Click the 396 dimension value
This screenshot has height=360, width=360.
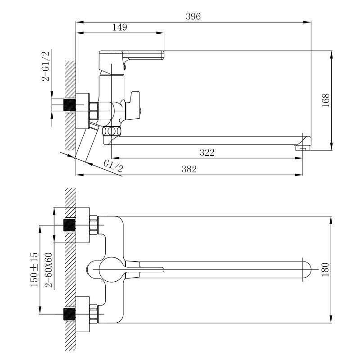coord(193,17)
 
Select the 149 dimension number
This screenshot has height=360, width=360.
coord(120,27)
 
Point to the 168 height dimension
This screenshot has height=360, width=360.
coord(326,100)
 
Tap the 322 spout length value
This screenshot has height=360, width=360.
coord(207,153)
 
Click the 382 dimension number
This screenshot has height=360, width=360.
coord(189,169)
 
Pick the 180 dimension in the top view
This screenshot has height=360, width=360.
coord(325,270)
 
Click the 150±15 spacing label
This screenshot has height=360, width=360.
coord(34,270)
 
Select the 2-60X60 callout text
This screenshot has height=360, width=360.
coord(49,270)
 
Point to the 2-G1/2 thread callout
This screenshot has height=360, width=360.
coord(45,66)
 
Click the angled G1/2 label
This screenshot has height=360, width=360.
coord(113,166)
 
